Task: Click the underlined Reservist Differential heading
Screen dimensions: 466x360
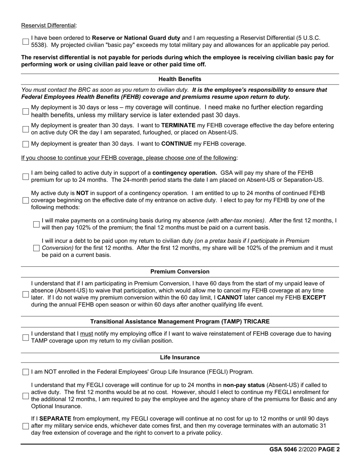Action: pyautogui.click(x=49, y=25)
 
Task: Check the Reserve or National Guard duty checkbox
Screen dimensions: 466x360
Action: pyautogui.click(x=25, y=41)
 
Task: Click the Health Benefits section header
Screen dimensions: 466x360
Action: pyautogui.click(x=180, y=79)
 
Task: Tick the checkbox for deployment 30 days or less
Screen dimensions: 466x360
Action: pyautogui.click(x=25, y=111)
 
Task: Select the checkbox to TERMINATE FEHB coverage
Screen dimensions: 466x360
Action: pyautogui.click(x=25, y=129)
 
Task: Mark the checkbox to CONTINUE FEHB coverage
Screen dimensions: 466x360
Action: pyautogui.click(x=25, y=144)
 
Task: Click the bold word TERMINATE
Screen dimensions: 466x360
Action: pyautogui.click(x=178, y=125)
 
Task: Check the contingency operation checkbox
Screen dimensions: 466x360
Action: pyautogui.click(x=25, y=177)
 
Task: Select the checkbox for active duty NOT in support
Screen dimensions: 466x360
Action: pyautogui.click(x=25, y=200)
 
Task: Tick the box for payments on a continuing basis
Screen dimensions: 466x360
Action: pyautogui.click(x=36, y=224)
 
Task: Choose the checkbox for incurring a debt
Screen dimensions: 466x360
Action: pyautogui.click(x=36, y=248)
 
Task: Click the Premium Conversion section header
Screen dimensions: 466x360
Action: pyautogui.click(x=180, y=272)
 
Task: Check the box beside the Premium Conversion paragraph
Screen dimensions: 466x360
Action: pyautogui.click(x=25, y=294)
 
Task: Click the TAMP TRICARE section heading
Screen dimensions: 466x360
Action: pyautogui.click(x=180, y=321)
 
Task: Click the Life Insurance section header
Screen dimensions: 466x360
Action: pyautogui.click(x=180, y=357)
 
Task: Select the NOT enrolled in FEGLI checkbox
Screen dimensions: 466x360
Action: pyautogui.click(x=25, y=372)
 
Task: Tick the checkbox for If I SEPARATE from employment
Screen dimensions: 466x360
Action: pyautogui.click(x=25, y=426)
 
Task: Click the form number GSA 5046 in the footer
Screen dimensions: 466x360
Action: pyautogui.click(x=282, y=450)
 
